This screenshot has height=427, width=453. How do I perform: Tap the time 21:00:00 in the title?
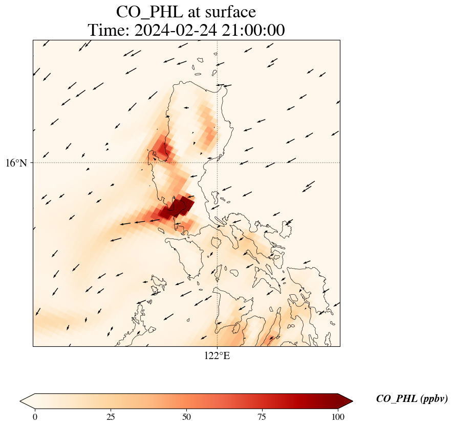click(x=252, y=31)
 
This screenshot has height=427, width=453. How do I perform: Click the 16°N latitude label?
click(x=16, y=163)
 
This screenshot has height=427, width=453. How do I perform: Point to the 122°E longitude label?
click(x=217, y=355)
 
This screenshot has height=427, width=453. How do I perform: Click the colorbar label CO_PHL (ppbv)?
click(x=412, y=399)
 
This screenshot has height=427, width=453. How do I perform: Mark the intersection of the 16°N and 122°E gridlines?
click(x=218, y=162)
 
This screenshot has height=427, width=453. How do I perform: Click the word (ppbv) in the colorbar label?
click(x=434, y=399)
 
